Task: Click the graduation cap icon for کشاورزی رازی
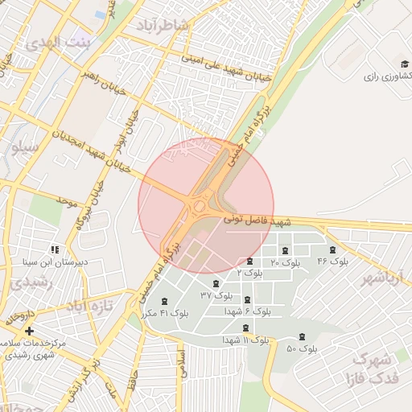(404, 64)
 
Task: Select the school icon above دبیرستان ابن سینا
(54, 249)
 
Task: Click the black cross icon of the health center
(30, 331)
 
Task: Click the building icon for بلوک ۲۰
(285, 250)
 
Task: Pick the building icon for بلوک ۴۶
(333, 249)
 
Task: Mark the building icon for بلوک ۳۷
(216, 282)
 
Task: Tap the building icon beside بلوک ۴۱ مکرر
(165, 300)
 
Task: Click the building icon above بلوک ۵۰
(302, 336)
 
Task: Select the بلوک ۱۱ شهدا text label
(246, 340)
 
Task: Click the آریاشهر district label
(380, 278)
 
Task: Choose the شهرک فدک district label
(371, 368)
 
